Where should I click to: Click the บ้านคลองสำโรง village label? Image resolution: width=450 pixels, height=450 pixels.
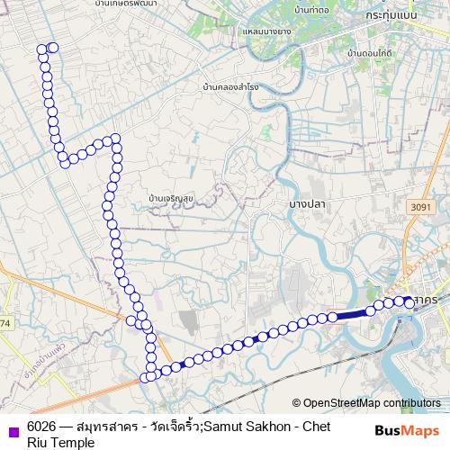[231, 87]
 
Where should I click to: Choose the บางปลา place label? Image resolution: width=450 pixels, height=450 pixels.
[306, 205]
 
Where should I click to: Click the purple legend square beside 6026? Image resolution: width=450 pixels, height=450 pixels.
[11, 430]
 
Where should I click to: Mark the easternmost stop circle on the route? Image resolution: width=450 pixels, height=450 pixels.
[409, 303]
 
